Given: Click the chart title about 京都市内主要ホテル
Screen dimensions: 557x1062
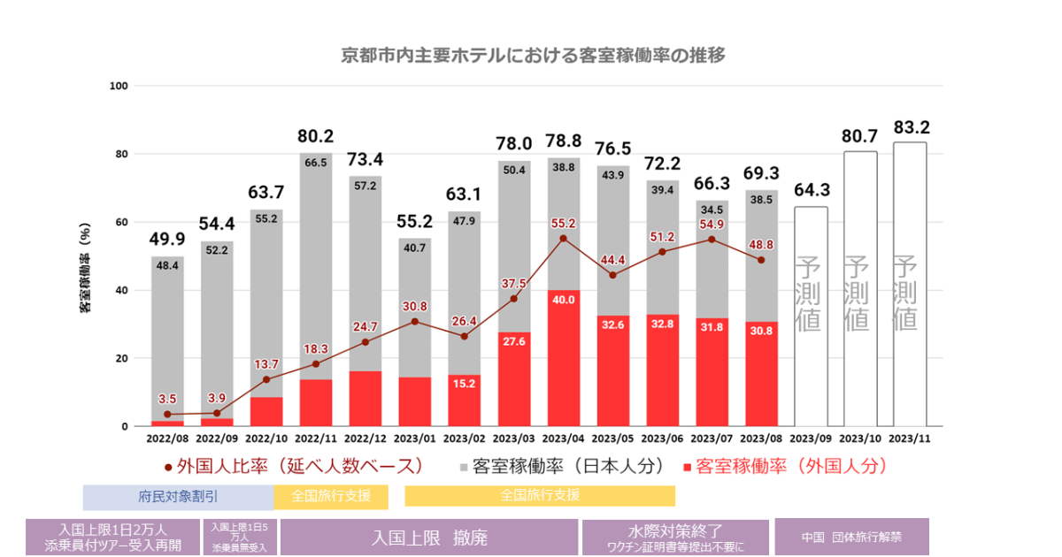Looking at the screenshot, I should (x=533, y=56).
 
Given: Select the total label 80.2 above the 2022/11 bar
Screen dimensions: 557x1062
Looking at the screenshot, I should (x=316, y=136).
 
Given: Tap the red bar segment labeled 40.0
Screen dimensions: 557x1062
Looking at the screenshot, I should (x=564, y=358).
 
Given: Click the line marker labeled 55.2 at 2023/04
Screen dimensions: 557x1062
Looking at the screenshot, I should (x=563, y=238).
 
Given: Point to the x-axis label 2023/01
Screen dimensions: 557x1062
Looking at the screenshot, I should (x=415, y=437).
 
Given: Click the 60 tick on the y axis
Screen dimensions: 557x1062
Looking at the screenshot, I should (x=123, y=222).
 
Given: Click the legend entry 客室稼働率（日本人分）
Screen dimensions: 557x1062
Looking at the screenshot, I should (x=561, y=465).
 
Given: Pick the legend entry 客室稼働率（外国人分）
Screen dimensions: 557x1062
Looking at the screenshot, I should (x=784, y=465).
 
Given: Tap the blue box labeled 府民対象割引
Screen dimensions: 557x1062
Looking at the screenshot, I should (x=178, y=496).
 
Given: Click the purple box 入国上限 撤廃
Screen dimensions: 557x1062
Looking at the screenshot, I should (x=429, y=537).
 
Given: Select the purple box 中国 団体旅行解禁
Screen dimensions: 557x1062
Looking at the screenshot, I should (x=839, y=537).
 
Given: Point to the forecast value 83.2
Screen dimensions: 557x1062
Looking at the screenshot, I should (x=910, y=126).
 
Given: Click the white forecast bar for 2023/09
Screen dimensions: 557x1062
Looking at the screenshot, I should (x=811, y=317).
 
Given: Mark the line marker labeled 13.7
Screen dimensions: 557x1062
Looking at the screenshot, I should (x=266, y=379).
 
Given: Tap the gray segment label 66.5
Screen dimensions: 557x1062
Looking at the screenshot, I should (x=316, y=163).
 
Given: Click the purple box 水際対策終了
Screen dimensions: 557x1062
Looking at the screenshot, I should (x=675, y=537).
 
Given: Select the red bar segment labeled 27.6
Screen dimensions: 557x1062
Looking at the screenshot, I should (x=514, y=379).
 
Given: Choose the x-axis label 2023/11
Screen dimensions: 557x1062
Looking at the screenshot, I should (x=910, y=437).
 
